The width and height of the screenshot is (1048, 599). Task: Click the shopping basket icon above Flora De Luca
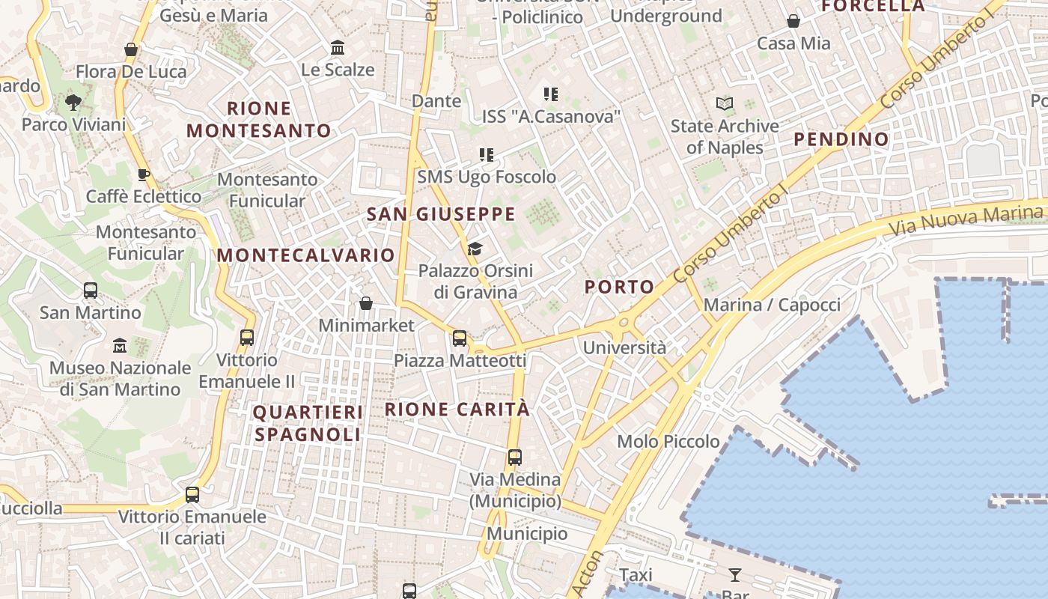click(x=131, y=49)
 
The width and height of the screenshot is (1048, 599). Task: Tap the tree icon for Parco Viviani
click(x=73, y=102)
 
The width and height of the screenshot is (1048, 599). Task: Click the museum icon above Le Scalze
click(x=338, y=47)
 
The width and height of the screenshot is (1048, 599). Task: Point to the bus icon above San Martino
click(x=91, y=290)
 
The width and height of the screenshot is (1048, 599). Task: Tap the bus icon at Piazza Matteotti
click(x=460, y=338)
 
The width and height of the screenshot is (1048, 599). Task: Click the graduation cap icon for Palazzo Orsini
click(x=475, y=249)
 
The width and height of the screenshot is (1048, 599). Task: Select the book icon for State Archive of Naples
click(x=724, y=103)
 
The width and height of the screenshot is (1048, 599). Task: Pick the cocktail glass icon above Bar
click(x=735, y=575)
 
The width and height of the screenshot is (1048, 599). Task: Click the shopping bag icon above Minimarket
click(x=366, y=303)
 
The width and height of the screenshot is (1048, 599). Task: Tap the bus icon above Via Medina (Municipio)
click(x=515, y=457)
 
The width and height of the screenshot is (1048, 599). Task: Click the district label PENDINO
click(x=841, y=139)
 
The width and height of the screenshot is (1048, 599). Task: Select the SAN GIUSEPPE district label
click(x=441, y=215)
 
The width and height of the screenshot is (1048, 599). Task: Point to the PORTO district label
click(x=619, y=287)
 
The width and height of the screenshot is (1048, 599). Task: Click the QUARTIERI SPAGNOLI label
click(x=308, y=423)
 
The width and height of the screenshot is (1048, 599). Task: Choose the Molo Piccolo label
click(x=668, y=442)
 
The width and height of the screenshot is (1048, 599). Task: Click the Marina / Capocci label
click(x=772, y=305)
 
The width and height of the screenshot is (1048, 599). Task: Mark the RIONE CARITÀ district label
click(x=457, y=410)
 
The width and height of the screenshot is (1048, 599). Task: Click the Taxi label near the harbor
click(x=636, y=575)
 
